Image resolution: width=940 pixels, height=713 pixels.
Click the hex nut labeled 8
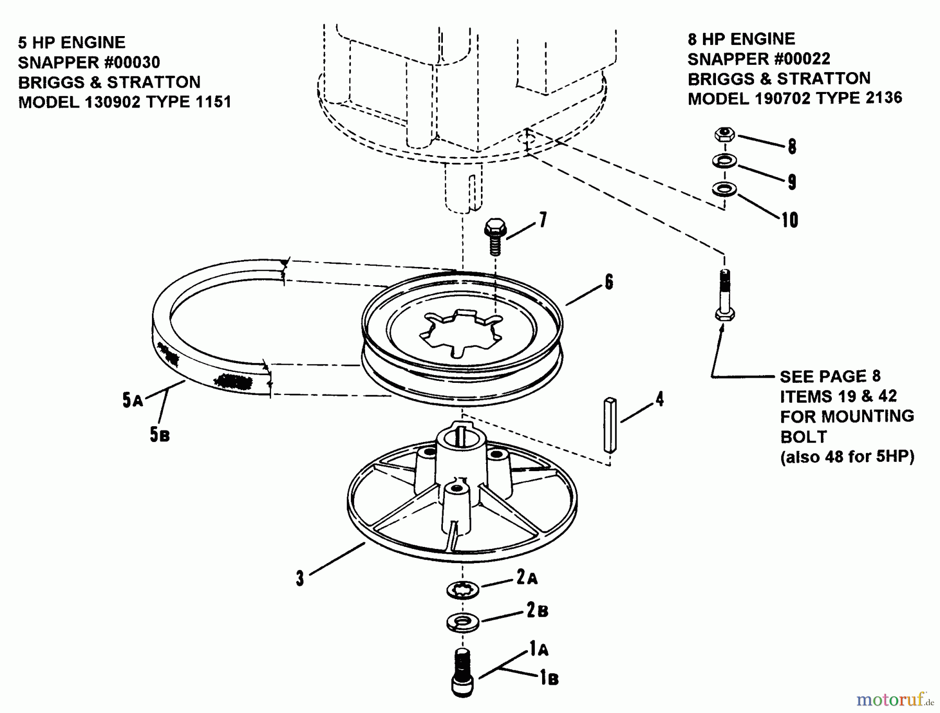[724, 134]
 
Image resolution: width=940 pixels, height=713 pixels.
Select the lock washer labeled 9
[724, 161]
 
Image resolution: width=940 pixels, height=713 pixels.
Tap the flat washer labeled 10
[724, 189]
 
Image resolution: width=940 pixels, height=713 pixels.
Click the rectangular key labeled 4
[610, 425]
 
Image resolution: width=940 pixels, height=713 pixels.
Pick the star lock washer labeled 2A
[463, 590]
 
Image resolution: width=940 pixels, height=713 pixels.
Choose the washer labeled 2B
[463, 622]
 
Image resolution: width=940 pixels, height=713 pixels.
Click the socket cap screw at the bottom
[463, 672]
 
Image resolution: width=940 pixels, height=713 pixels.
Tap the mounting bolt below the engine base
[724, 295]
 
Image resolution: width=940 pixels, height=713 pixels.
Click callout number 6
[609, 283]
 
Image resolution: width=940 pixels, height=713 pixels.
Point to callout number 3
[300, 579]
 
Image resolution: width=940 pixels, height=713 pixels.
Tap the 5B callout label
[160, 435]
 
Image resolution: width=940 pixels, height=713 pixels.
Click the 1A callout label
[539, 649]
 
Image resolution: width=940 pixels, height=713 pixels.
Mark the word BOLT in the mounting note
[804, 437]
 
